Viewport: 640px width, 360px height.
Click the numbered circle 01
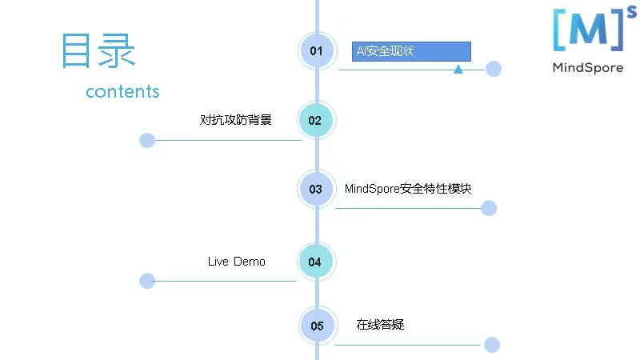[317, 51]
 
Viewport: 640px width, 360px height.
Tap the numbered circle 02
[316, 121]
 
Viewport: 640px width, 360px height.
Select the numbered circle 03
[316, 190]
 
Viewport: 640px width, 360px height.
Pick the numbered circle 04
[315, 262]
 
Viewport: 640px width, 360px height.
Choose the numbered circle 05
[318, 326]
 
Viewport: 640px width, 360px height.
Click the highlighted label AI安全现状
[411, 51]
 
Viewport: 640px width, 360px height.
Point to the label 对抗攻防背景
[235, 120]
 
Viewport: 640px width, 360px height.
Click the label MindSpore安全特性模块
[408, 189]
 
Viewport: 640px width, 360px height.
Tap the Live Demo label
[237, 262]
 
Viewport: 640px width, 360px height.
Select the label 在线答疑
[380, 325]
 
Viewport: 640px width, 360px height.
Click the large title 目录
[98, 50]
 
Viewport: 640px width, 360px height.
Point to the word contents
[122, 91]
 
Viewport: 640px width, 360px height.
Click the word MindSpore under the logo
[588, 68]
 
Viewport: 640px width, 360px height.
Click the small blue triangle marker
[458, 70]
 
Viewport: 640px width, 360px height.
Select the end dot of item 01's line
[494, 69]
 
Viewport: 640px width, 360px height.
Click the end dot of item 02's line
[147, 141]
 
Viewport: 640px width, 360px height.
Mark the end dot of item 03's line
[489, 208]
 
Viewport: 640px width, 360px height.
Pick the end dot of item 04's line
[147, 281]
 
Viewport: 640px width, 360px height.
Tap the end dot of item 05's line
[492, 345]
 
